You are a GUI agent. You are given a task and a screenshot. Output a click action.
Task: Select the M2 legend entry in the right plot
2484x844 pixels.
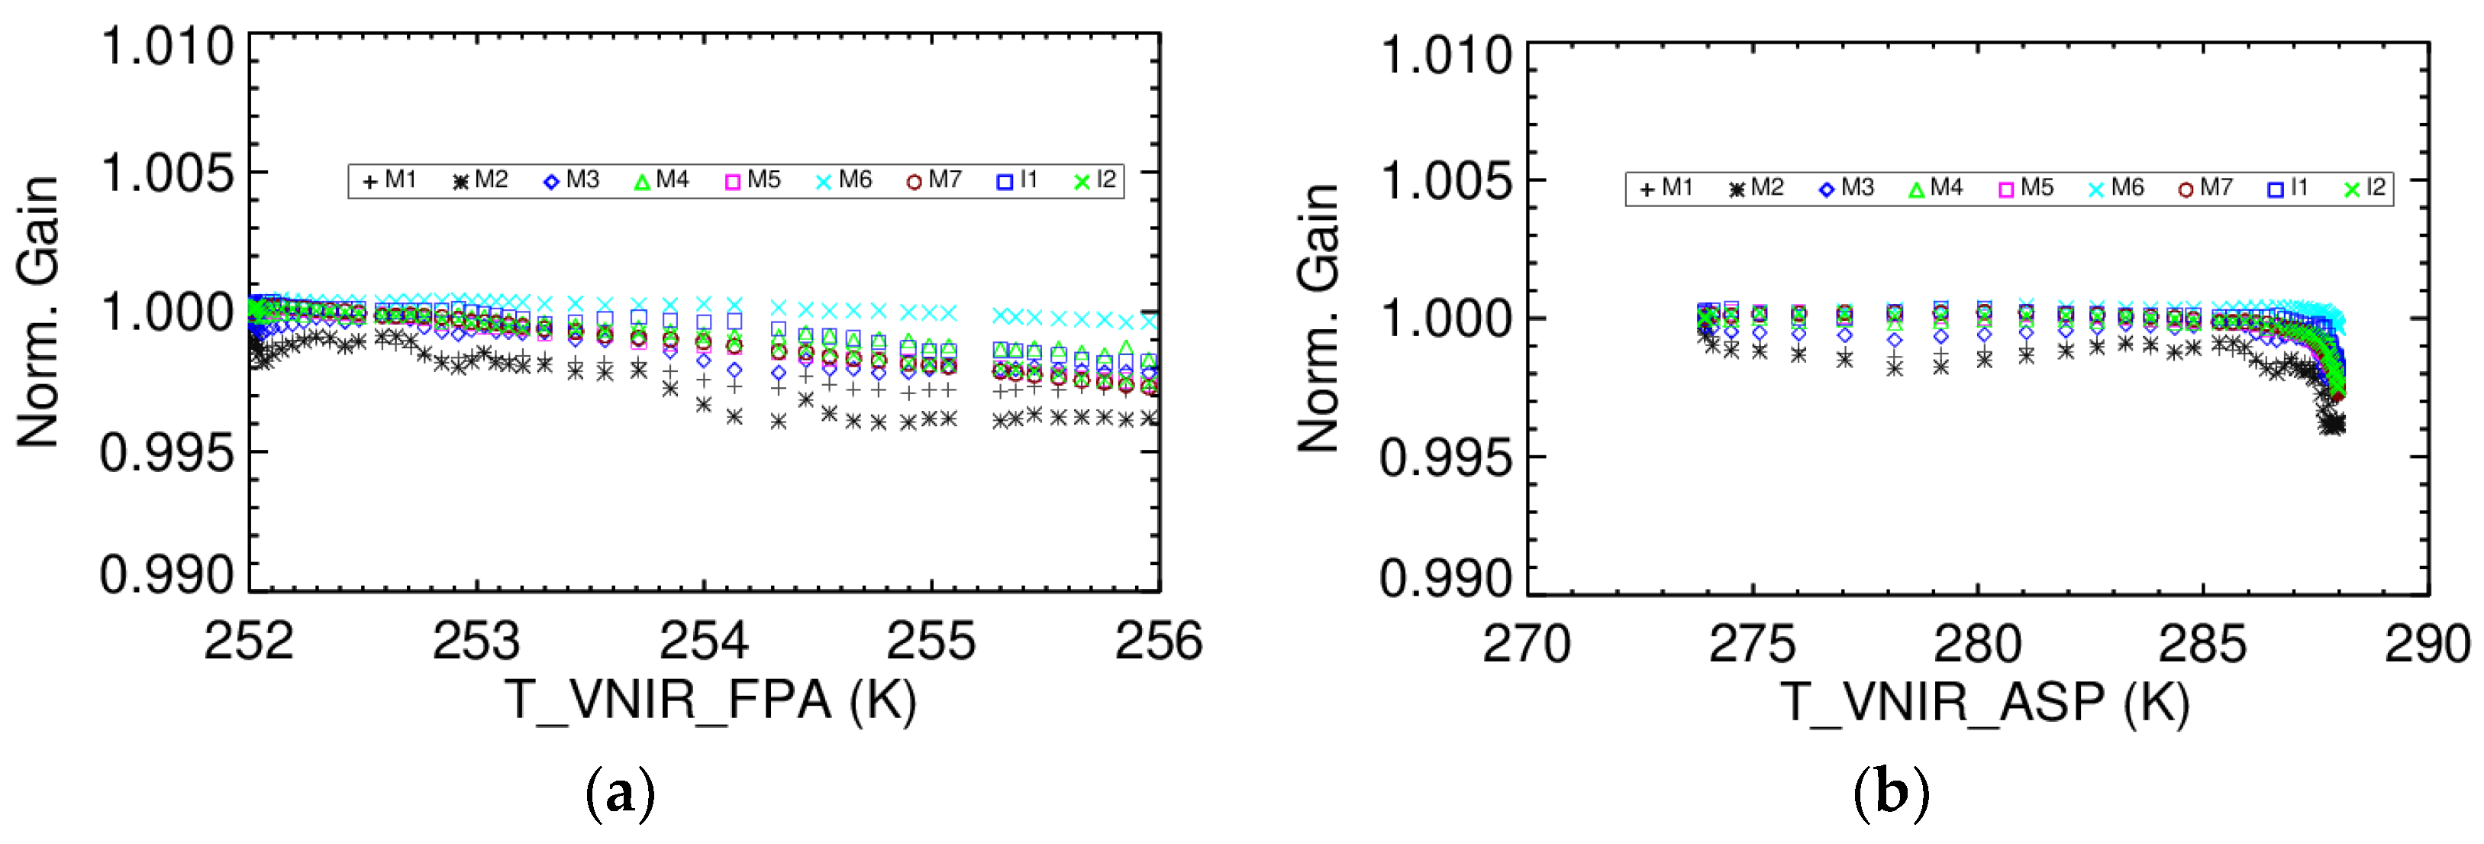point(1757,188)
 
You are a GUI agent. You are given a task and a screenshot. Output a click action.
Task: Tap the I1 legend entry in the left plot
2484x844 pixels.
point(1018,180)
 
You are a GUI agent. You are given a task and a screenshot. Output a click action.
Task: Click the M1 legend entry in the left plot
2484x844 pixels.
point(389,180)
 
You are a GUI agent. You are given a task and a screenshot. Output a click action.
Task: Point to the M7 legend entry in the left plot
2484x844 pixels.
point(934,180)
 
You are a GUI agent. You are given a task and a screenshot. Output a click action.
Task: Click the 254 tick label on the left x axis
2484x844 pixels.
point(704,642)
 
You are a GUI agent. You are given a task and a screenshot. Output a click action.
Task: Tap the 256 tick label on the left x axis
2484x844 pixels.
point(1159,642)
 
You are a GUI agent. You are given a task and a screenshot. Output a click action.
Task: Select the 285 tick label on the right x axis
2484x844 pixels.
point(2202,645)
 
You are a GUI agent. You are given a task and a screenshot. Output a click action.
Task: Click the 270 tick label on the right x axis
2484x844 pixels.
point(1527,645)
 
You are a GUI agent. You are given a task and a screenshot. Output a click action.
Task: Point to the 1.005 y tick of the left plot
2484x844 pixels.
point(168,173)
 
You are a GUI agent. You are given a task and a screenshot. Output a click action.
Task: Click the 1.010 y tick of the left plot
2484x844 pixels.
point(168,47)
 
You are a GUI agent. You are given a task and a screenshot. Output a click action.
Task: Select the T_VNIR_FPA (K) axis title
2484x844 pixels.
point(711,700)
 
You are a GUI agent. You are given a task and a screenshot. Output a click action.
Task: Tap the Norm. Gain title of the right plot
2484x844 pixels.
point(1318,319)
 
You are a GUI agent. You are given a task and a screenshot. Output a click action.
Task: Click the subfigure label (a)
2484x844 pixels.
point(620,794)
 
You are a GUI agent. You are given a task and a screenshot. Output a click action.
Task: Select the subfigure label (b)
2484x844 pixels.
point(1891,794)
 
